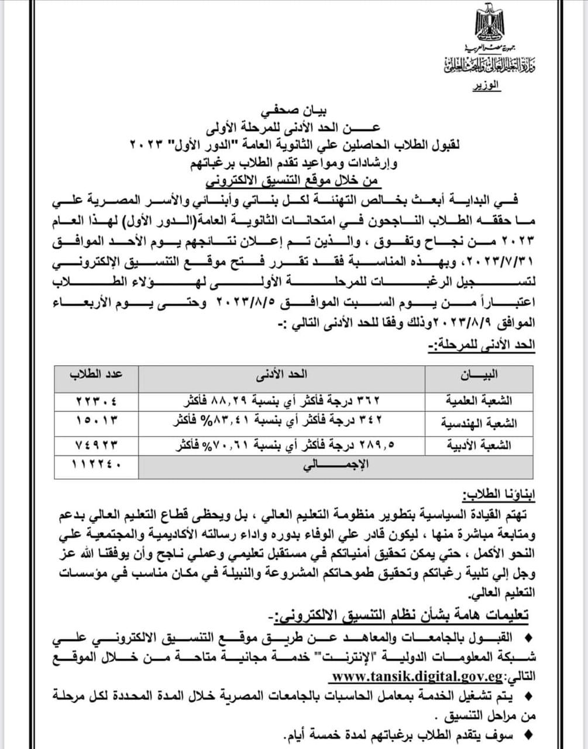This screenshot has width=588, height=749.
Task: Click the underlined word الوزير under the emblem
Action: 486,85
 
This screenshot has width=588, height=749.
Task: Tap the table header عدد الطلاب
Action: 97,374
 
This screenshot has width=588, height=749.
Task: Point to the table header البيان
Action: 479,374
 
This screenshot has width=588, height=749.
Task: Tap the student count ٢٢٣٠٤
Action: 97,401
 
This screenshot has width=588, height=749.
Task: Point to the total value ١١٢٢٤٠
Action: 97,466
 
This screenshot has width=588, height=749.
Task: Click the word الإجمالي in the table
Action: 336,466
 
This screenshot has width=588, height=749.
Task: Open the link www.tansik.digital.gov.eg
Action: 417,677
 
